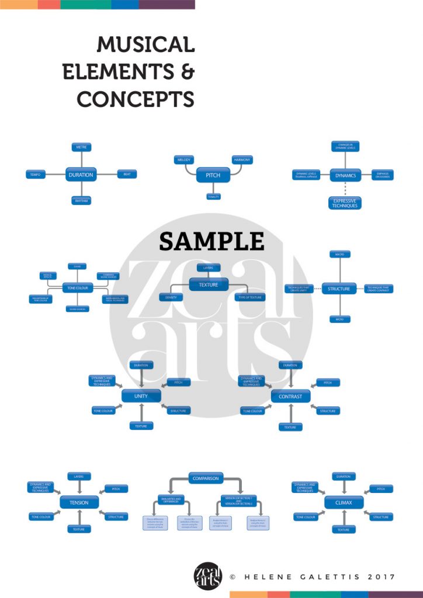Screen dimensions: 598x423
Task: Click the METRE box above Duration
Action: coord(81,147)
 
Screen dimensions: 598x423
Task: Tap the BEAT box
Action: coord(126,174)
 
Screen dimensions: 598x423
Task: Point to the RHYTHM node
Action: coord(81,201)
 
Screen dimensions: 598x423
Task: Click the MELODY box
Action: coord(185,159)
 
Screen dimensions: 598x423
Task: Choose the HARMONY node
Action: coord(242,159)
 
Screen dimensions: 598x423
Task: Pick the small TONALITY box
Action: coord(213,197)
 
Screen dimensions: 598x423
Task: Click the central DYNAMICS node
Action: coord(345,175)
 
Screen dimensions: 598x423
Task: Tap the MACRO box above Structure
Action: coord(339,255)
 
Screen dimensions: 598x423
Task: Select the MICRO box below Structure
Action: coord(339,319)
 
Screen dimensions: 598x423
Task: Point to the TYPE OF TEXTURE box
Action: coord(249,297)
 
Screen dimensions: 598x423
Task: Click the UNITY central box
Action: coord(141,396)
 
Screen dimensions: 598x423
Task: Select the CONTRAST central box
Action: coord(290,397)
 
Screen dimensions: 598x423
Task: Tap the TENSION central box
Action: coord(79,502)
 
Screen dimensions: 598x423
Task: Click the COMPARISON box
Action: coord(206,478)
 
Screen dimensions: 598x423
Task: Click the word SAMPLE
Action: coord(211,241)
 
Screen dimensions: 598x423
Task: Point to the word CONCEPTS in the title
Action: coord(136,99)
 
